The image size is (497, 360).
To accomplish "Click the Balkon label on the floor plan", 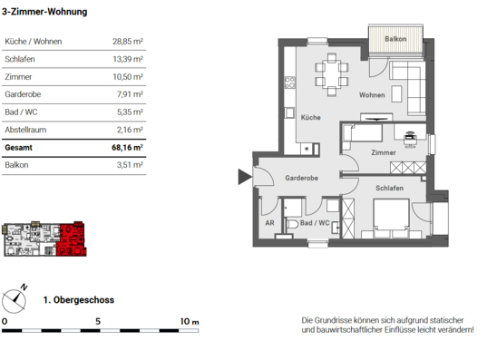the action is (x=395, y=39).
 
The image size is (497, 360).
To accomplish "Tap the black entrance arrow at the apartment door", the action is (x=245, y=177).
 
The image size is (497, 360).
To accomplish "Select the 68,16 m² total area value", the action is (x=127, y=148).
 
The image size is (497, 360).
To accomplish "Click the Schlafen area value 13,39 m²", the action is (x=128, y=59).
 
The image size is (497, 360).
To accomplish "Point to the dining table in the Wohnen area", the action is (x=332, y=74).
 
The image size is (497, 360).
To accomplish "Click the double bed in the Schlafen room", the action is (x=391, y=219).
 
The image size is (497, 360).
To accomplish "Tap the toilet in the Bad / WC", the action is (x=293, y=225).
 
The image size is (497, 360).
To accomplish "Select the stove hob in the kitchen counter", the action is (x=289, y=83).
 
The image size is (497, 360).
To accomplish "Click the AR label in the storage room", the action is (x=269, y=223).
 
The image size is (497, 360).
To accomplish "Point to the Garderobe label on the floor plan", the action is (x=301, y=178).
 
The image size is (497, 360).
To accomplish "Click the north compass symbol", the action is (x=15, y=300).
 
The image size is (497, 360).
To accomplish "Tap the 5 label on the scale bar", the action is (x=98, y=321).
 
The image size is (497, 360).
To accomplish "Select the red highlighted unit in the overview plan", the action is (x=71, y=239).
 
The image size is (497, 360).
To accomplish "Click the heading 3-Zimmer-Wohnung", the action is (x=44, y=12).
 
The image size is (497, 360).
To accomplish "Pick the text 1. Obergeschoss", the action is (x=79, y=300).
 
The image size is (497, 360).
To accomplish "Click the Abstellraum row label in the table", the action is (x=25, y=130).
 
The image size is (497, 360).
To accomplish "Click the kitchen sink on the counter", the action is (x=289, y=112).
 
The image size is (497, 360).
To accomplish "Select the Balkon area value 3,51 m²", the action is (x=130, y=165).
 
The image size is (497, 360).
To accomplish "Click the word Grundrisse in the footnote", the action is (x=332, y=320).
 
